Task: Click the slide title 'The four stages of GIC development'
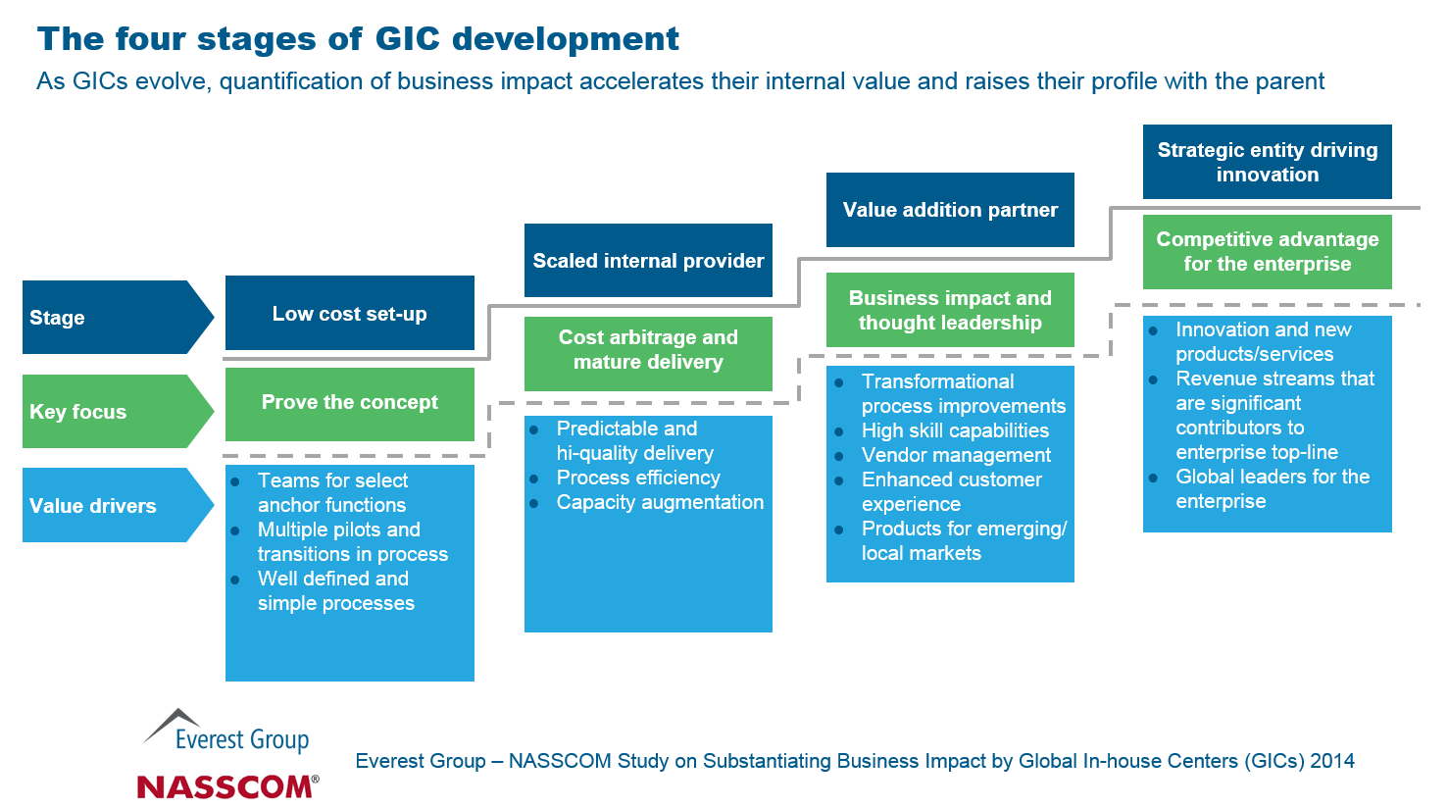click(x=358, y=39)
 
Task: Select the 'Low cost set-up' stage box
click(x=350, y=314)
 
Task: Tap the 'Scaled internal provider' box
click(x=648, y=261)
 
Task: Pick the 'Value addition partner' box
click(x=950, y=210)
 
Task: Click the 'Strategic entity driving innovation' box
click(x=1267, y=162)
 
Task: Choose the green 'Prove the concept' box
click(x=350, y=403)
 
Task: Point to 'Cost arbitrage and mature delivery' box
click(x=648, y=350)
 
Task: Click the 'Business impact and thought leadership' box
click(x=950, y=310)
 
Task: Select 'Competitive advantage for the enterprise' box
click(x=1267, y=252)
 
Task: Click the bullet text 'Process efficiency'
click(x=638, y=478)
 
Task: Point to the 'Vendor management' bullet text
click(x=956, y=455)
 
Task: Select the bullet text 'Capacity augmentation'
click(x=660, y=502)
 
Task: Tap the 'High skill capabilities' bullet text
click(x=955, y=430)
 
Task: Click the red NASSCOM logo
click(x=227, y=785)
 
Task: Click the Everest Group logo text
click(x=241, y=739)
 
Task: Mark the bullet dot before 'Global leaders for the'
click(x=1154, y=478)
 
